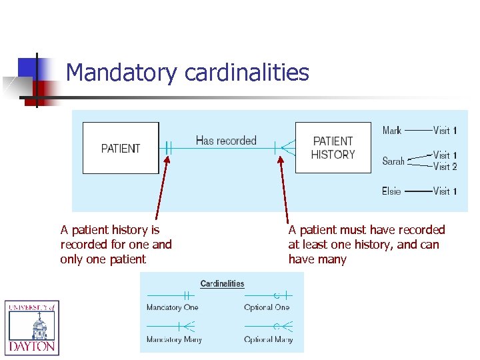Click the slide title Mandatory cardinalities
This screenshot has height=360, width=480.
pyautogui.click(x=187, y=72)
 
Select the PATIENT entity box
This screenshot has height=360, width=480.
pyautogui.click(x=121, y=148)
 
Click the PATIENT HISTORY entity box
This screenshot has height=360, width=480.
pyautogui.click(x=333, y=148)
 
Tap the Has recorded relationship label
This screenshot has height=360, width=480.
pyautogui.click(x=226, y=141)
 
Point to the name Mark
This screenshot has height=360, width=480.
pyautogui.click(x=392, y=131)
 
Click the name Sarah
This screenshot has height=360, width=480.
pyautogui.click(x=393, y=161)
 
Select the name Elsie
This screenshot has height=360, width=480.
pyautogui.click(x=391, y=191)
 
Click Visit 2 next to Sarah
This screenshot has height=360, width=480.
pyautogui.click(x=445, y=167)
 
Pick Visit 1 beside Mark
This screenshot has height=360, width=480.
pyautogui.click(x=445, y=131)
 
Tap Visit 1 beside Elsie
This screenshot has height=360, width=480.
pyautogui.click(x=445, y=191)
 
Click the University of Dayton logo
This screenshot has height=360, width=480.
pyautogui.click(x=32, y=327)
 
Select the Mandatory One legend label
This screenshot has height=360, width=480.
pyautogui.click(x=172, y=307)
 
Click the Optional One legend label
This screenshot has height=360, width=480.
pyautogui.click(x=267, y=307)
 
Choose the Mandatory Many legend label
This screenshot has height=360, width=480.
pyautogui.click(x=174, y=339)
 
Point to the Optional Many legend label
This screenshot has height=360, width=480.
pyautogui.click(x=268, y=339)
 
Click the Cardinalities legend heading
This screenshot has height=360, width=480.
pyautogui.click(x=222, y=284)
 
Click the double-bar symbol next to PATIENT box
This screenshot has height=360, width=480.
pyautogui.click(x=168, y=148)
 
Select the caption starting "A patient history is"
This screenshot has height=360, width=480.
pyautogui.click(x=116, y=245)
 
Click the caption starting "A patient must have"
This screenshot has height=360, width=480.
pyautogui.click(x=366, y=245)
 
